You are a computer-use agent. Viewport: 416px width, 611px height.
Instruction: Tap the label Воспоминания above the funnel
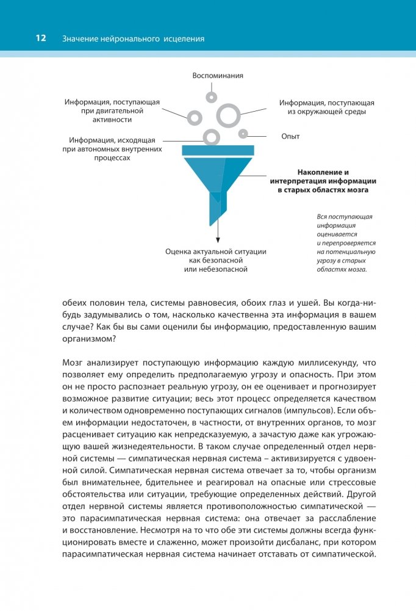[218, 76]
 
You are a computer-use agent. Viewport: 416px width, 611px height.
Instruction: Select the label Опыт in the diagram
[291, 136]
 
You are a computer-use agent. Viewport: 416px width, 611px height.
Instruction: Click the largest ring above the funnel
[228, 114]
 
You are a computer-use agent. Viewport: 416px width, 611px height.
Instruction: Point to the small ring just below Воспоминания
[211, 97]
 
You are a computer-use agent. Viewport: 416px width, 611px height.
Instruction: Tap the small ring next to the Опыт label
[243, 134]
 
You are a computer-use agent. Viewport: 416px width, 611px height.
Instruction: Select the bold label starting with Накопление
[323, 181]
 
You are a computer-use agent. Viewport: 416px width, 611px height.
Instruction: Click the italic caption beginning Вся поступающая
[345, 243]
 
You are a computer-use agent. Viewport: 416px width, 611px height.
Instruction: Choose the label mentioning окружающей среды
[326, 107]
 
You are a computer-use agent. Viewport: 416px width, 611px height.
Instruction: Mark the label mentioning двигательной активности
[112, 111]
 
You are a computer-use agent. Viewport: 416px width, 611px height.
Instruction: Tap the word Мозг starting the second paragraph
[74, 363]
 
